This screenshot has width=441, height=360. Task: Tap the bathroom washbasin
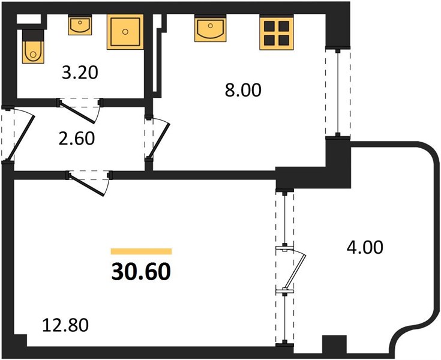pyautogui.click(x=80, y=26)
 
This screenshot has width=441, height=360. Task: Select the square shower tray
pyautogui.click(x=125, y=32)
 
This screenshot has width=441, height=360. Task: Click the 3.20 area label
pyautogui.click(x=80, y=73)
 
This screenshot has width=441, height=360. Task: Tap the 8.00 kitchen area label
pyautogui.click(x=243, y=90)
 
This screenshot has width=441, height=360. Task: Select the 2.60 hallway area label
pyautogui.click(x=77, y=139)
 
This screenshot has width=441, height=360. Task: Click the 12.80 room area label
pyautogui.click(x=65, y=325)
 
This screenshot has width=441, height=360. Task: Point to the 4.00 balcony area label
pyautogui.click(x=365, y=247)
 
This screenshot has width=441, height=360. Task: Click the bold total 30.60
pyautogui.click(x=141, y=272)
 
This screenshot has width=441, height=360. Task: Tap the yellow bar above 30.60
pyautogui.click(x=141, y=251)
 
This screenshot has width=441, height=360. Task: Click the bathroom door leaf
pyautogui.click(x=77, y=113)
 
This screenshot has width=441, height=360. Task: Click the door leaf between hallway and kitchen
pyautogui.click(x=158, y=140)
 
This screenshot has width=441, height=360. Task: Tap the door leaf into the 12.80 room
pyautogui.click(x=86, y=185)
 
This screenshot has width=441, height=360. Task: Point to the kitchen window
pyautogui.click(x=338, y=92)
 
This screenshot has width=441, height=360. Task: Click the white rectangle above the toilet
pyautogui.click(x=29, y=19)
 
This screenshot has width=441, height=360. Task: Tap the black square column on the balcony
pyautogui.click(x=334, y=344)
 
